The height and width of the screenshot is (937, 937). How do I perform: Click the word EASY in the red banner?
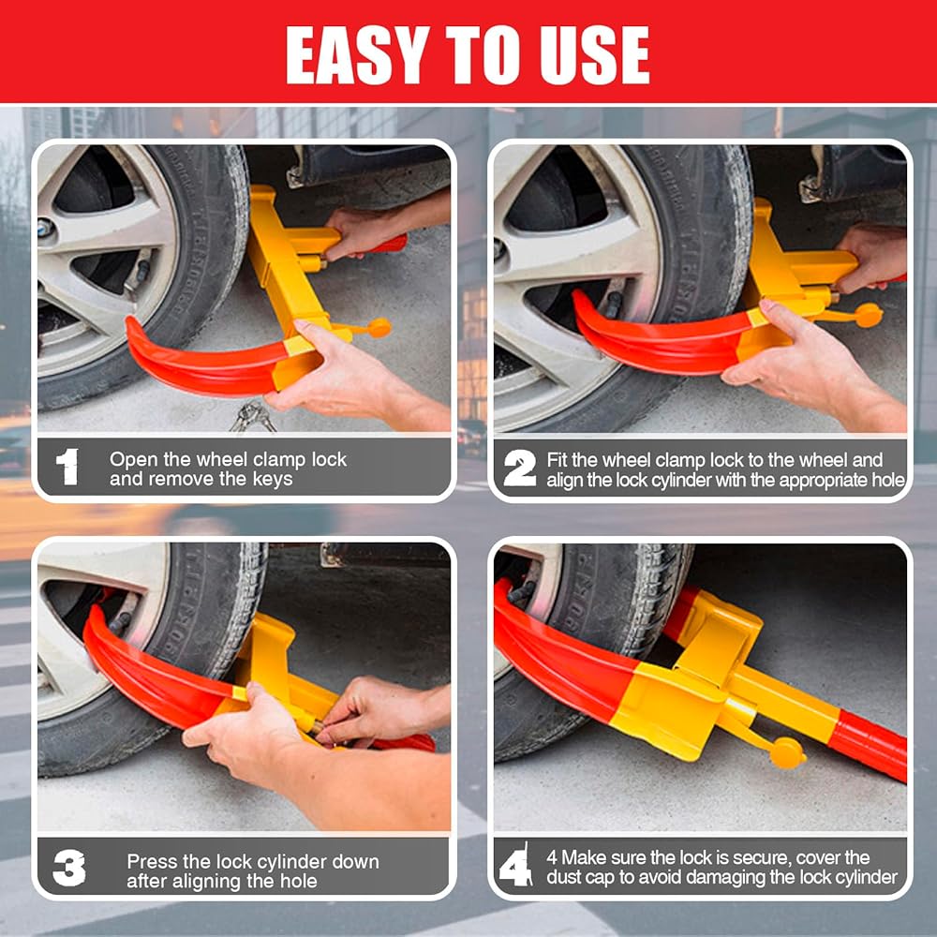coord(357,54)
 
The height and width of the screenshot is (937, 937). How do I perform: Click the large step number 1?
coord(67,467)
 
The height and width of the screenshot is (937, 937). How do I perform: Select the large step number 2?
coord(519,468)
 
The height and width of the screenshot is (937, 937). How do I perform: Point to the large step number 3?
coord(68,868)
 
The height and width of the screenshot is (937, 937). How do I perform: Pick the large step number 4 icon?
coord(515,865)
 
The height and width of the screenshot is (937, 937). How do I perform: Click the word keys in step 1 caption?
coord(273,479)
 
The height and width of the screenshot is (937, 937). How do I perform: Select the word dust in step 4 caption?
coord(564,877)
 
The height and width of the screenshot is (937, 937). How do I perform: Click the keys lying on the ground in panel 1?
coord(253,417)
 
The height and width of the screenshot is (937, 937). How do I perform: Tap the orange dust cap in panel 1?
coord(379,327)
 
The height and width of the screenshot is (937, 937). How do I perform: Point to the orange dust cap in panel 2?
coord(869,315)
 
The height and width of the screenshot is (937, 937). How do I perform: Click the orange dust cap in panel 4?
coord(787,753)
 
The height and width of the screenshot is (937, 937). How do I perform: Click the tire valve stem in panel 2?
coord(614,305)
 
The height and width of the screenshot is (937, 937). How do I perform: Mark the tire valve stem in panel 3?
coord(121,622)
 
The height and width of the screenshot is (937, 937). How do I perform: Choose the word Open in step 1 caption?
coord(134,459)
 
